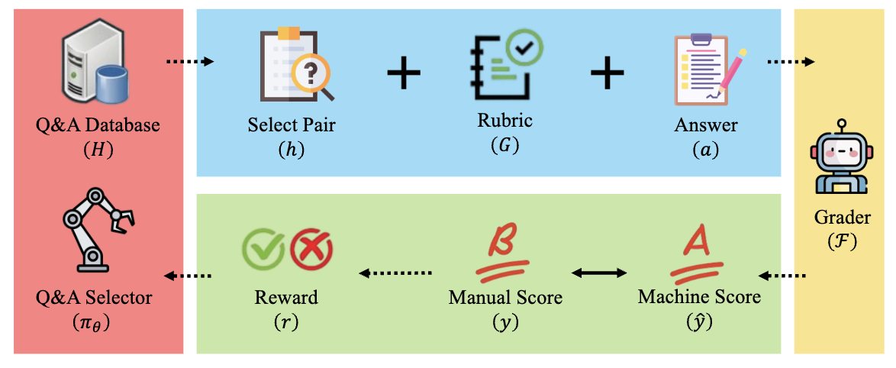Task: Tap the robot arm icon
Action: [x=98, y=227]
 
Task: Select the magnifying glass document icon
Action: [x=296, y=66]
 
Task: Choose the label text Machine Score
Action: [x=699, y=295]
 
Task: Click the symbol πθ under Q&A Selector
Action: [x=98, y=321]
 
